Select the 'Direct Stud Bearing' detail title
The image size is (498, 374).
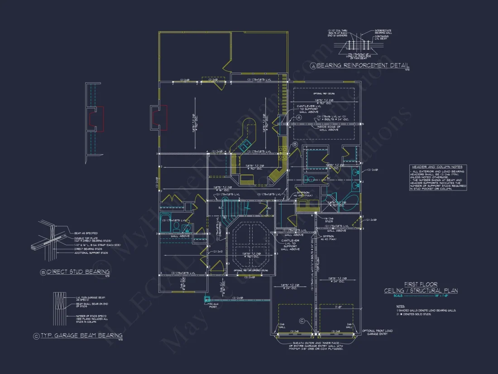coord(78,272)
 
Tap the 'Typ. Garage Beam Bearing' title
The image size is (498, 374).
coord(81,335)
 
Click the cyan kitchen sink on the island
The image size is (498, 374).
coord(244,146)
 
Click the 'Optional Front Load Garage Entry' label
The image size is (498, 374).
coord(378,333)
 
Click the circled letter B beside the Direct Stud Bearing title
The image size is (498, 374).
coord(43,272)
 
